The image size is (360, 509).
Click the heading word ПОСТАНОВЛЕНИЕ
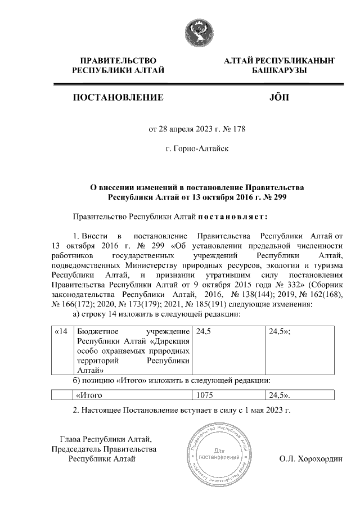tap(118, 98)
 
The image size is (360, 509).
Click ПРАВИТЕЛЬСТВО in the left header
tap(118, 60)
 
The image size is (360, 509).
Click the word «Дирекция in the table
tap(170, 341)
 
